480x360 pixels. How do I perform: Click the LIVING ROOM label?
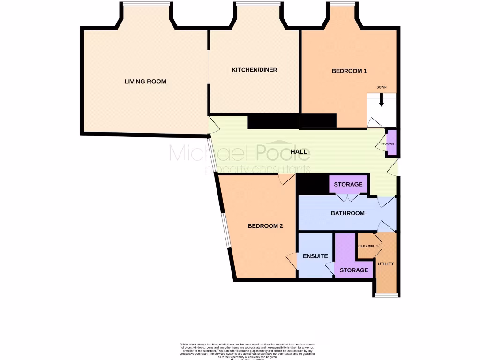(x=145, y=82)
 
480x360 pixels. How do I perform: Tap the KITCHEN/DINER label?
(x=255, y=70)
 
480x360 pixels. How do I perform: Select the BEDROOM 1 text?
(x=349, y=71)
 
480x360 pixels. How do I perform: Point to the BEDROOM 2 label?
(x=265, y=226)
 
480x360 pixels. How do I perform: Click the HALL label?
(x=299, y=151)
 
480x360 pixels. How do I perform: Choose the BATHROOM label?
(x=347, y=213)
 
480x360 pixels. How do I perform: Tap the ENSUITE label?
(x=315, y=256)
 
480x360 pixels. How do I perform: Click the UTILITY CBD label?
(x=366, y=246)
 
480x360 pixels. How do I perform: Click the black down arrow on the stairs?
(x=382, y=100)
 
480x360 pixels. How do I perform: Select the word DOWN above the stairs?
(x=382, y=88)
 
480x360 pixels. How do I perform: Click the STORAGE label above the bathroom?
(x=348, y=184)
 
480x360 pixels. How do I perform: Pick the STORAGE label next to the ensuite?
(x=353, y=270)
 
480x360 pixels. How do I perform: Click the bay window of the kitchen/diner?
(x=255, y=5)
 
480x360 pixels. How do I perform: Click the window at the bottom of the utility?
(x=386, y=295)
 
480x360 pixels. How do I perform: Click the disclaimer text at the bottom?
(x=247, y=351)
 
